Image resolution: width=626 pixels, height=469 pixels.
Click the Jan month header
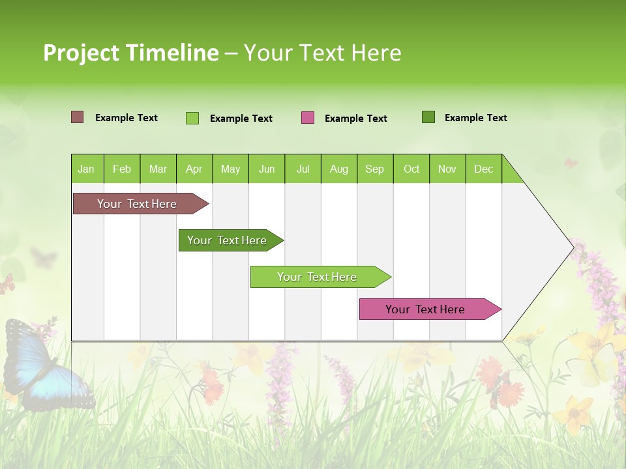pos(86,169)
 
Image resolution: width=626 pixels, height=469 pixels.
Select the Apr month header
pos(194,169)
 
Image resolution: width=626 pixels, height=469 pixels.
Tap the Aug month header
pos(338,169)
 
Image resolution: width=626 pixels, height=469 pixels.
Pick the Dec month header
pos(483,169)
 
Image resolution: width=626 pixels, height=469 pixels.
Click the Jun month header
pos(266,169)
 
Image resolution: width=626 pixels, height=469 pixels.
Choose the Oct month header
pos(411,169)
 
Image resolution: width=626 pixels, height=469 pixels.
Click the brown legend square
pos(77,117)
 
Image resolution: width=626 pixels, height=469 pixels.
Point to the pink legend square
pos(308,118)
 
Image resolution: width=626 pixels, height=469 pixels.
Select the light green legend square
pos(192,118)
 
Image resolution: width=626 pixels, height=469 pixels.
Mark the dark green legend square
pos(428,117)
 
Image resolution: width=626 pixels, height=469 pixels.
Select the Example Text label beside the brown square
pos(126,118)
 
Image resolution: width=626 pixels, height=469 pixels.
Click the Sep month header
pos(374,169)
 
